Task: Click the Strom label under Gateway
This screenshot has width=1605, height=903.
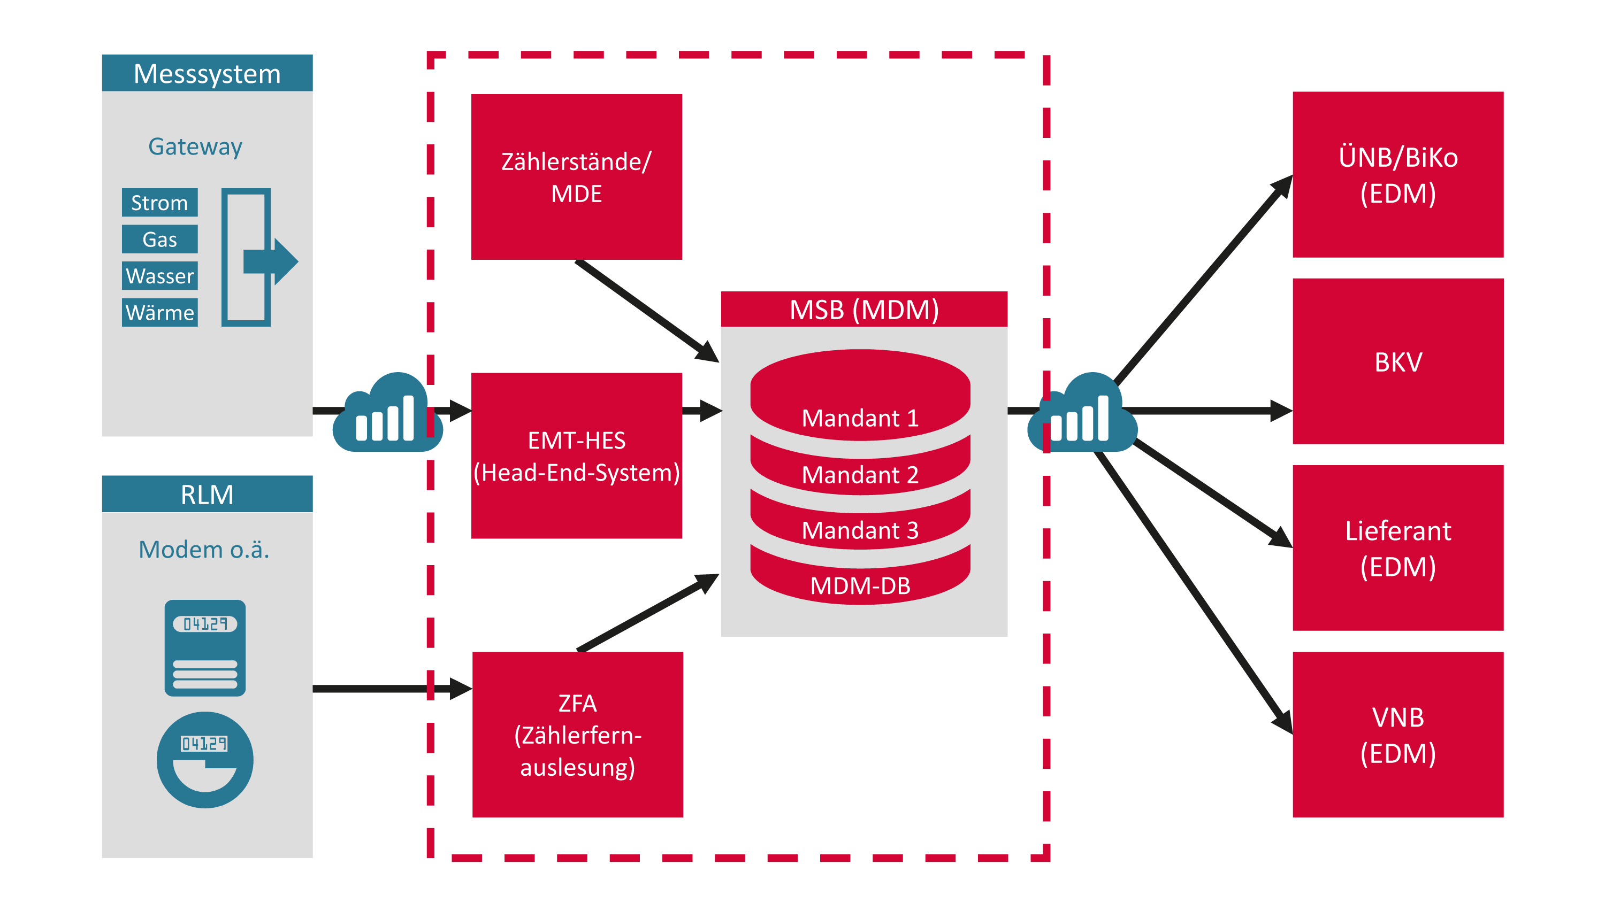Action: click(159, 203)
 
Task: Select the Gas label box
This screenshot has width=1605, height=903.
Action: click(159, 239)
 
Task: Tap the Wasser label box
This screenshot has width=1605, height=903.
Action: click(159, 276)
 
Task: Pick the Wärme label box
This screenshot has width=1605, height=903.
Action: click(159, 312)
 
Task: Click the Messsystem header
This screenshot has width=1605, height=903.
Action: click(207, 73)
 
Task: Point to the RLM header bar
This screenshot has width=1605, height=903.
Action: click(207, 495)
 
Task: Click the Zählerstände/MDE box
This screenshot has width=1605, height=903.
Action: click(576, 177)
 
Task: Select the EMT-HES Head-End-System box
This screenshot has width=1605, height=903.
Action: click(576, 456)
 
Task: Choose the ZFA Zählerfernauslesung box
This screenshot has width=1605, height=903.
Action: click(578, 734)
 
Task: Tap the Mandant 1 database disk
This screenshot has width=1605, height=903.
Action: click(860, 398)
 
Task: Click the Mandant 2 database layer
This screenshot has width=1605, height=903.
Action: click(860, 475)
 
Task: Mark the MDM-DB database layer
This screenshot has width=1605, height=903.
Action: click(860, 585)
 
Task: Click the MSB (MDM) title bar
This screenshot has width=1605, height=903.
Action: click(863, 310)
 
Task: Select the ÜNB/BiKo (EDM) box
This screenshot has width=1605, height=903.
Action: click(1397, 175)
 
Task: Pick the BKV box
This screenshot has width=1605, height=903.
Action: click(1397, 361)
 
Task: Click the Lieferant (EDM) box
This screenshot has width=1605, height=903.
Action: click(1397, 548)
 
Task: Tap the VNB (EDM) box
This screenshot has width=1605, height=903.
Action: click(1397, 734)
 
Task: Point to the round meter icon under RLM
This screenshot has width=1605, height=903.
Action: click(205, 760)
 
